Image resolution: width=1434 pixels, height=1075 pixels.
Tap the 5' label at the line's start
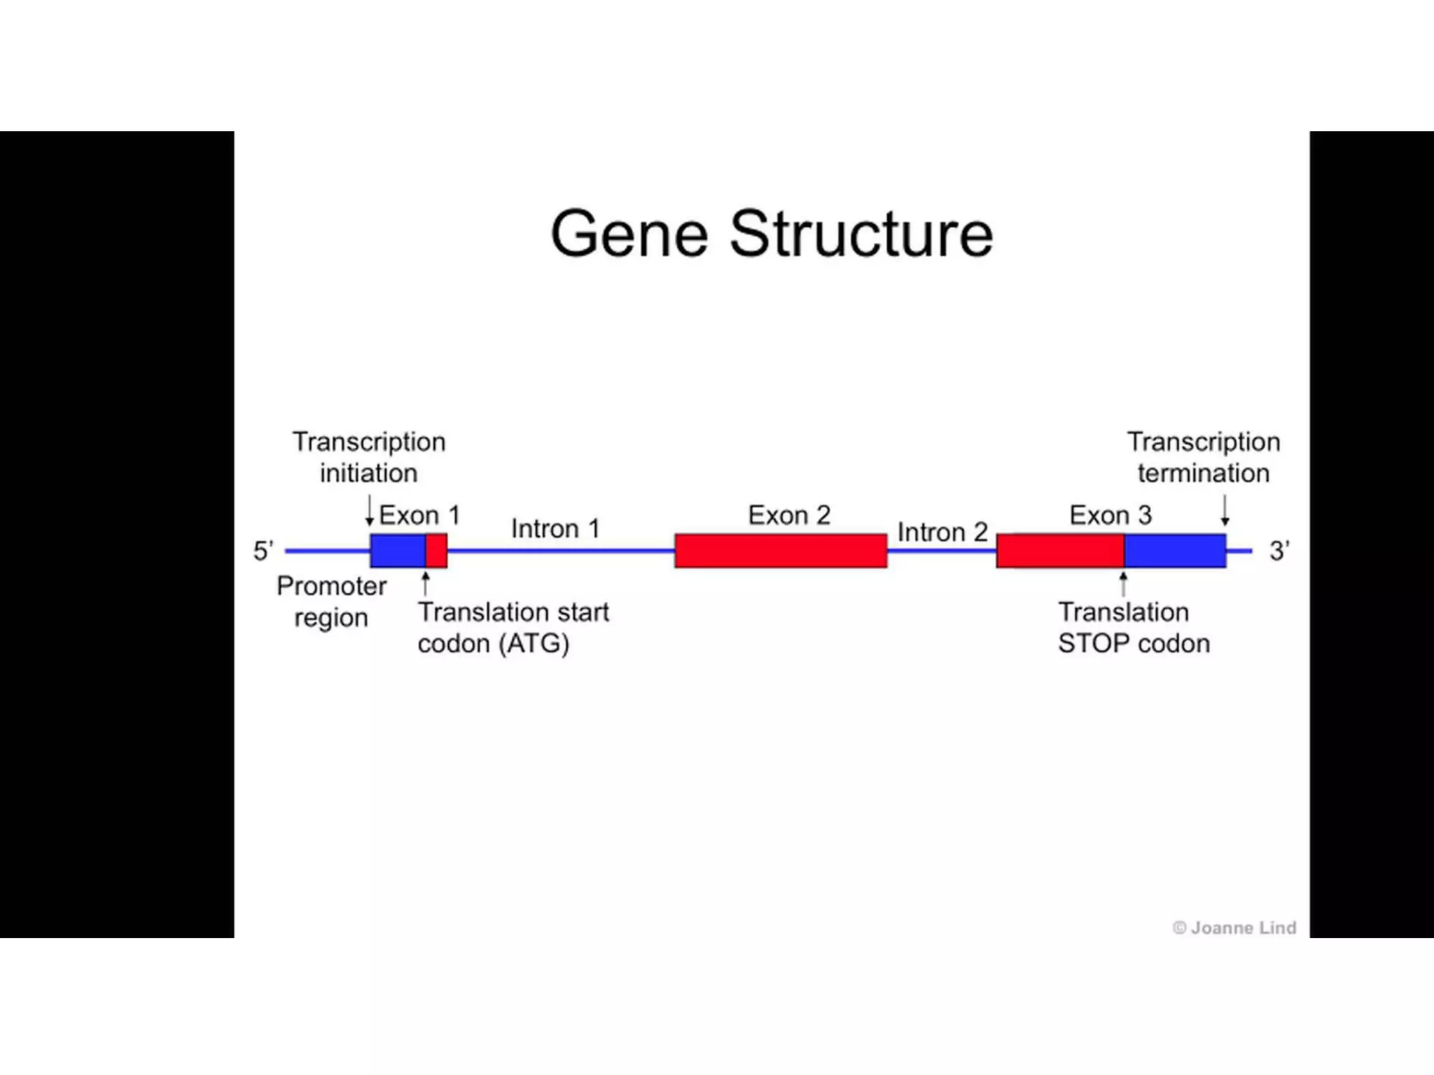pos(263,551)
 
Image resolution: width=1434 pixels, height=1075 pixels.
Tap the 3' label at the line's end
pos(1279,551)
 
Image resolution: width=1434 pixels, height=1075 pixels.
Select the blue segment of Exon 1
pos(398,551)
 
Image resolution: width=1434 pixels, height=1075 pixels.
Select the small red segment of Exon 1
pos(437,551)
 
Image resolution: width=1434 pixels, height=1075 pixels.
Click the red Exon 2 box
pos(781,551)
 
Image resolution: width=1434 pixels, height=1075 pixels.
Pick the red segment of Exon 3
pos(1060,551)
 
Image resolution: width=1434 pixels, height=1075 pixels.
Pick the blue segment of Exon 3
pos(1175,551)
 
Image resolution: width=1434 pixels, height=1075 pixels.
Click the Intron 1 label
pos(555,529)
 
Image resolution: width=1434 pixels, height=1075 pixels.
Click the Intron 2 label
pos(942,533)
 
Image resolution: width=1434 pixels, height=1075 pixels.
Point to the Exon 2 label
pos(788,516)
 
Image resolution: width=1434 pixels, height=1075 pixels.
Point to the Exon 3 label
pos(1110,516)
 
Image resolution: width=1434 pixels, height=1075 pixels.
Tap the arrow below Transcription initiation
pos(370,511)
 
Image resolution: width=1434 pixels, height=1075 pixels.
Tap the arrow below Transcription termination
pos(1225,511)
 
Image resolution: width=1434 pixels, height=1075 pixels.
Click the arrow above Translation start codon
pos(425,584)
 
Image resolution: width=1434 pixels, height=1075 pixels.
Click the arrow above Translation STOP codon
pos(1123,584)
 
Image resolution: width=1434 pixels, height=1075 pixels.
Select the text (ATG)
pos(534,644)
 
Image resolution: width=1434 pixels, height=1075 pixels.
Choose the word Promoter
pos(331,586)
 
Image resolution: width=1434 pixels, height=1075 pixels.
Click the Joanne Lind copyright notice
pos(1234,928)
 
